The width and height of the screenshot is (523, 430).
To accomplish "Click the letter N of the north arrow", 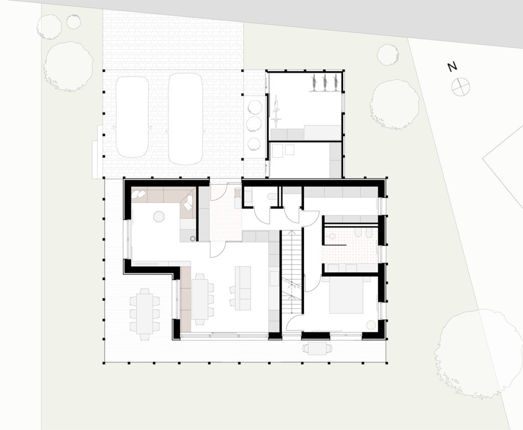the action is pos(452,67).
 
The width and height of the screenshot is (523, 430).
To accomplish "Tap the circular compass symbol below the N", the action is pos(461,87).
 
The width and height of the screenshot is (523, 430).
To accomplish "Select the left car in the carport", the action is pos(132,117).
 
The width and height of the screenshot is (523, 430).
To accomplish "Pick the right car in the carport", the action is pos(185,119).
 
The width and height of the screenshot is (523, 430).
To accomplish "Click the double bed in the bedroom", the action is pos(346,297).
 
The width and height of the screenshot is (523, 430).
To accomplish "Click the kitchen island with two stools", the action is pos(243,288).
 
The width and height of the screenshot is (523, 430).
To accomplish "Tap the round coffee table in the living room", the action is pos(159,217).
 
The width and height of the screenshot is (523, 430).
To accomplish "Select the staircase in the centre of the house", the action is pos(292,272).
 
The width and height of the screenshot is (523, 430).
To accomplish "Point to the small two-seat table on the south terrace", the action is pos(317,349).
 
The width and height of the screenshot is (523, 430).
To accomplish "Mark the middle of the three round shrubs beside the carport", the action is pos(253,124).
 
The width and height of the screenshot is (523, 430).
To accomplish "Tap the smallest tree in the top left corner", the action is pos(74,21).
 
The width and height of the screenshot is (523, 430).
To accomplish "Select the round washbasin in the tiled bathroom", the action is pos(332,236).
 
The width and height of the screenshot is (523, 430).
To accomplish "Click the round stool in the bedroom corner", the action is pos(371,325).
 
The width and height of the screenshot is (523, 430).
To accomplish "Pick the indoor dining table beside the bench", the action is pos(199,299).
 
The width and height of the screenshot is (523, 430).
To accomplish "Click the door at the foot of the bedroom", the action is pos(294,320).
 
